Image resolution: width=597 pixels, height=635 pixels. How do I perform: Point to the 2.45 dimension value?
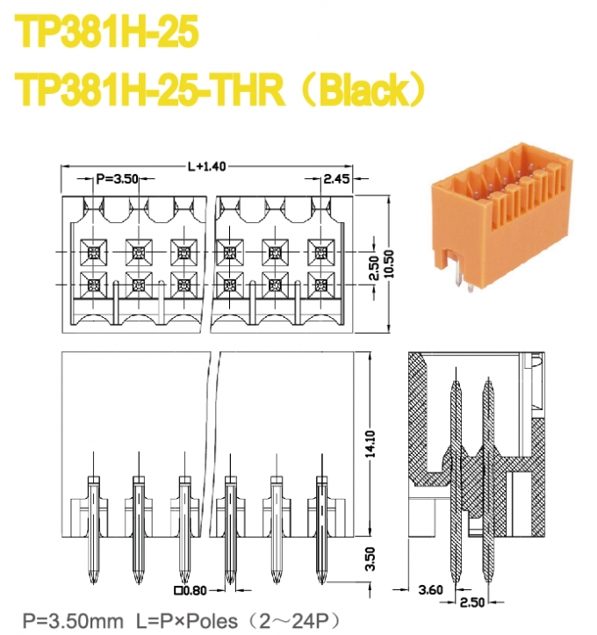(x=336, y=179)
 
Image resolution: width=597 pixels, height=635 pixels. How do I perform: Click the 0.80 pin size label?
(x=191, y=590)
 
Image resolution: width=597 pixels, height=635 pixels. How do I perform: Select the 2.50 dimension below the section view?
(x=472, y=603)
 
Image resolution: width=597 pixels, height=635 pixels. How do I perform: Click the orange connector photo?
(x=497, y=224)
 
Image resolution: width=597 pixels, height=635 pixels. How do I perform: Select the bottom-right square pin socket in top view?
(x=320, y=285)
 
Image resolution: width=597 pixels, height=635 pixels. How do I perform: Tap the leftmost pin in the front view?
(x=93, y=527)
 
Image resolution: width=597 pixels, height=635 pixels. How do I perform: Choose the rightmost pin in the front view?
(x=320, y=527)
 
